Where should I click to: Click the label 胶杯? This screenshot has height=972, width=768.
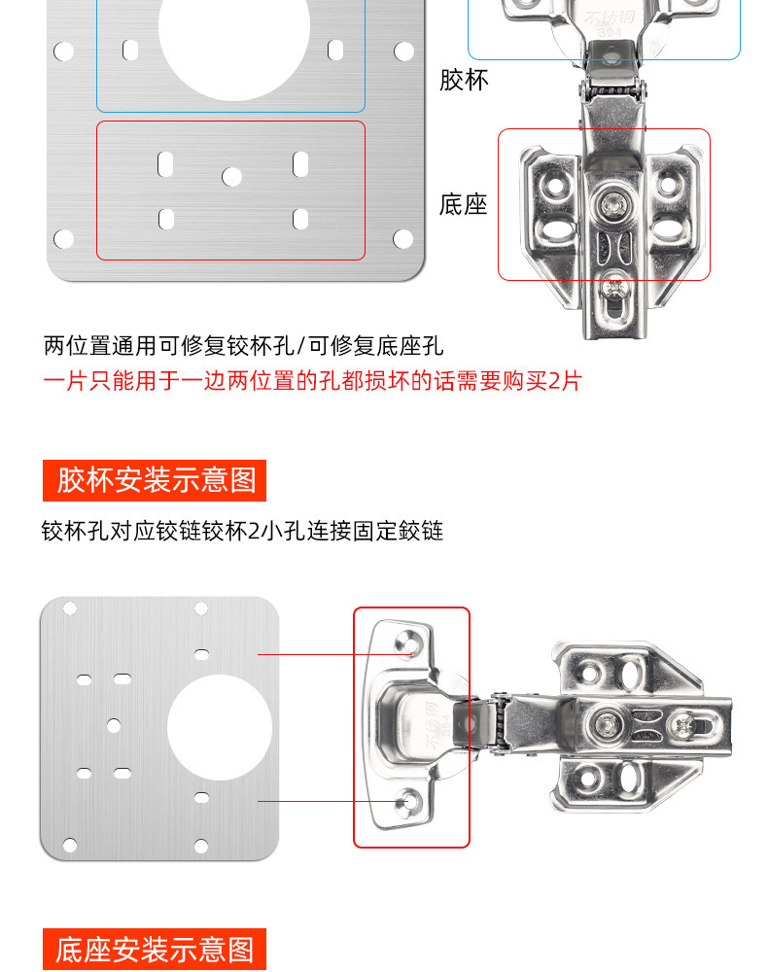pyautogui.click(x=464, y=80)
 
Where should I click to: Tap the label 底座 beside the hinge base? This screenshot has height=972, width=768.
pyautogui.click(x=463, y=205)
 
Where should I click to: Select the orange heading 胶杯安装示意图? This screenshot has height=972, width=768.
pyautogui.click(x=156, y=479)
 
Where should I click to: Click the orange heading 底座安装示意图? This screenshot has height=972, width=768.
pyautogui.click(x=155, y=949)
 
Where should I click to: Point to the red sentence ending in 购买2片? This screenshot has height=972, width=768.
pyautogui.click(x=312, y=380)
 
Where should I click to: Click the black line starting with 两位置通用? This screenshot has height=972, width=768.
pyautogui.click(x=243, y=346)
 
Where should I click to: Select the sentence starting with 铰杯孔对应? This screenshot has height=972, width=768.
pyautogui.click(x=242, y=532)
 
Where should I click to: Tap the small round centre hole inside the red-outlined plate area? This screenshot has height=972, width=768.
pyautogui.click(x=231, y=177)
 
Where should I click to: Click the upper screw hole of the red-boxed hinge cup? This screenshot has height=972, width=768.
pyautogui.click(x=406, y=642)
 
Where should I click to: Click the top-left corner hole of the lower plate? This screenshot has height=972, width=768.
pyautogui.click(x=69, y=608)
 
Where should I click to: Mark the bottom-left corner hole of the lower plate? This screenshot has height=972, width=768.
pyautogui.click(x=69, y=847)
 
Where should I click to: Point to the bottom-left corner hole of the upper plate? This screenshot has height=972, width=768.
pyautogui.click(x=64, y=238)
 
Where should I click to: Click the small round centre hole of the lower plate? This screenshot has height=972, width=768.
pyautogui.click(x=114, y=725)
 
